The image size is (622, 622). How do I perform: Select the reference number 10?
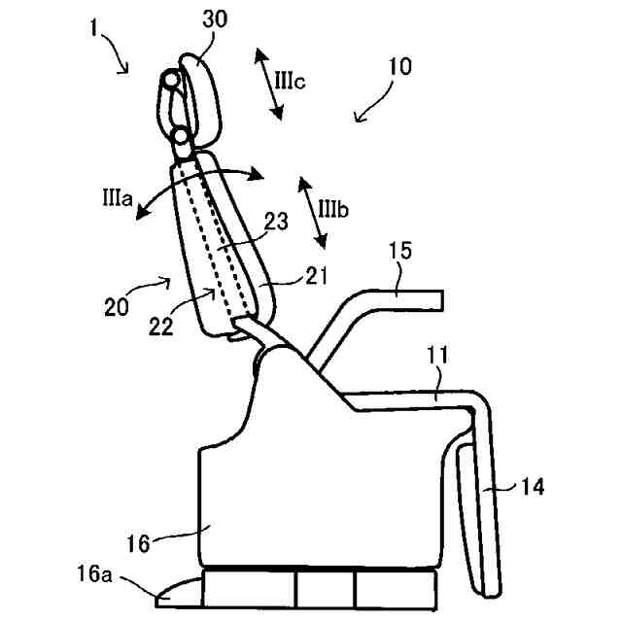pyautogui.click(x=398, y=67)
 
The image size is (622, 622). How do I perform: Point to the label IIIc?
pyautogui.click(x=291, y=81)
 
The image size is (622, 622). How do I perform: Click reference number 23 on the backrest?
pyautogui.click(x=275, y=222)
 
